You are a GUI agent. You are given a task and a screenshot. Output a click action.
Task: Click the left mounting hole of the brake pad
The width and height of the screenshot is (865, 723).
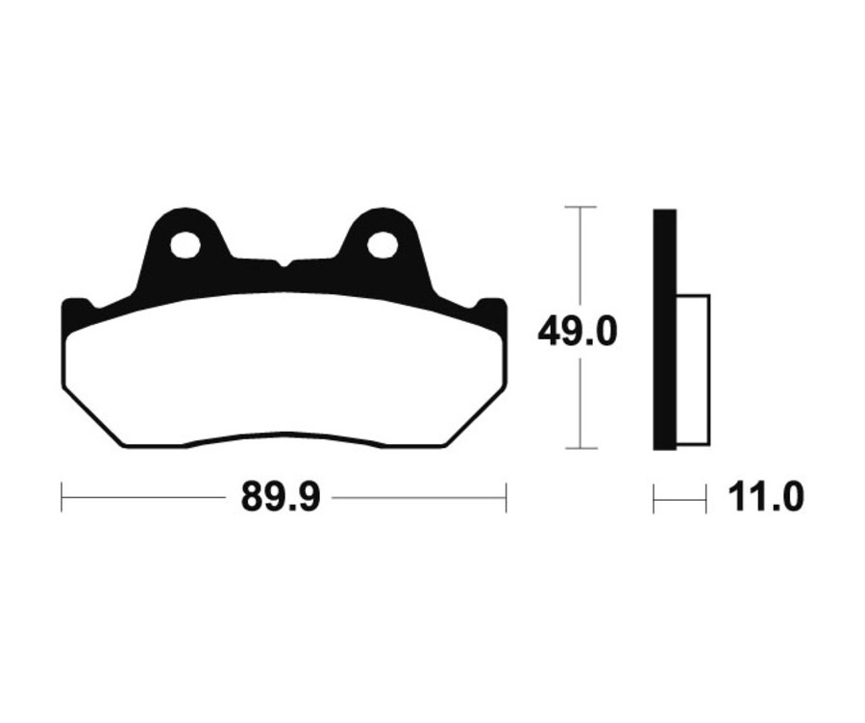[x=185, y=245]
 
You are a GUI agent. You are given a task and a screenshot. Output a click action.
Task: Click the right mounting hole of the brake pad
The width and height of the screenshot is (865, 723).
[x=383, y=245]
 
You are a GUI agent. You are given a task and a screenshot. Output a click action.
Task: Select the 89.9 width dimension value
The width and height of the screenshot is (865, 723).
[x=281, y=498]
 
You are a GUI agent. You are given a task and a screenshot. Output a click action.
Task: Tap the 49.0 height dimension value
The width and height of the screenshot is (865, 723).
[x=577, y=333]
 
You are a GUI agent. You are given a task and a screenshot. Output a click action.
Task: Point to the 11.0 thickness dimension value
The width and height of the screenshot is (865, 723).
[x=765, y=498]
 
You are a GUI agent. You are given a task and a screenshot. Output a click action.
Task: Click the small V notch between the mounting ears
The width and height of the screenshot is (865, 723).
[x=283, y=262]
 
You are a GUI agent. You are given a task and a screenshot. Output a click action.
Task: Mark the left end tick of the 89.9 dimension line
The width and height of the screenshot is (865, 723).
[x=62, y=498]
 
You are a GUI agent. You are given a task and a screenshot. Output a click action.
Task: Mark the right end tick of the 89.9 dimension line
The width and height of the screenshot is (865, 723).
[x=506, y=498]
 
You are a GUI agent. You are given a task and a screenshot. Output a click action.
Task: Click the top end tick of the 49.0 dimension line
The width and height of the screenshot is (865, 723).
[x=580, y=207]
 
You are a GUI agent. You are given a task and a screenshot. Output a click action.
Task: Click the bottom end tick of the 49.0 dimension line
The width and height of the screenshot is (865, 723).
[x=580, y=448]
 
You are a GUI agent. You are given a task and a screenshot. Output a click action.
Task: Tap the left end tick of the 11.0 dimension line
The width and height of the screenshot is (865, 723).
[x=655, y=498]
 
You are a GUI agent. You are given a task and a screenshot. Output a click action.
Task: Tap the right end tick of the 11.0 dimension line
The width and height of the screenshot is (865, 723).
[x=706, y=498]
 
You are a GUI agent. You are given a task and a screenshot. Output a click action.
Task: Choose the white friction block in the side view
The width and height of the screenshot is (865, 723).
[x=692, y=370]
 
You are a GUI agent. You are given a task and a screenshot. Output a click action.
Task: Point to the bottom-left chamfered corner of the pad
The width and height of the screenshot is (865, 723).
[x=92, y=419]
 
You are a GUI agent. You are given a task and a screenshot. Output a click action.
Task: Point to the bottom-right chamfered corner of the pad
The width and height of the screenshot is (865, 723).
[x=475, y=419]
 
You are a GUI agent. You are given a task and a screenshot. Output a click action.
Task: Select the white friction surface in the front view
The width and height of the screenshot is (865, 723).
[x=283, y=370]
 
